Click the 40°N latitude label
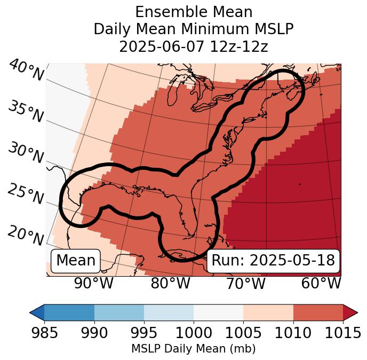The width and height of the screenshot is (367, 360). point(26,71)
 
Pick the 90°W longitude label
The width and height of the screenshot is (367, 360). point(94,283)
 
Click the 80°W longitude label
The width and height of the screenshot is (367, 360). point(170,283)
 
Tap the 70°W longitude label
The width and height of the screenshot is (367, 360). point(246,283)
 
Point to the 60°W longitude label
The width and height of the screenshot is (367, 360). point(321,283)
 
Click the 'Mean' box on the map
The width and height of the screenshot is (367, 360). point(76,261)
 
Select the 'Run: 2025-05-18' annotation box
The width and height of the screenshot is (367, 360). point(273,261)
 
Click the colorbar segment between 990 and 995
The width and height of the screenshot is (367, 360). point(119,312)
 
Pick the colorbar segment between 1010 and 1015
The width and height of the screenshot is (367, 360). point(318,312)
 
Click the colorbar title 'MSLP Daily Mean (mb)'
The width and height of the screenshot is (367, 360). point(194,349)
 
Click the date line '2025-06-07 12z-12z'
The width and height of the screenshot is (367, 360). point(194,46)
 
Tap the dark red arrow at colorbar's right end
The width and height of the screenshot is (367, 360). point(350,312)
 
